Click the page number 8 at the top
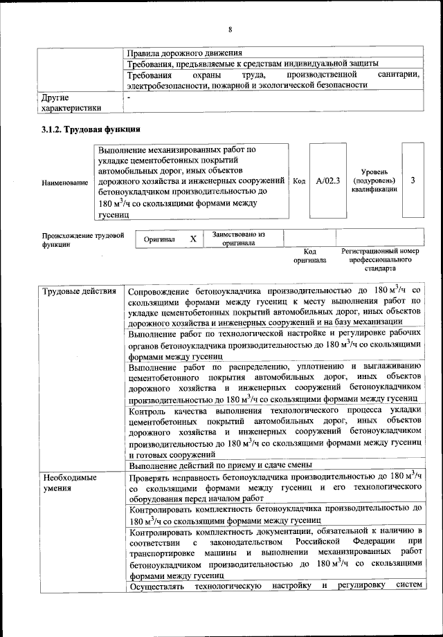pos(230,28)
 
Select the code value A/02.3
pos(327,181)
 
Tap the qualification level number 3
pos(413,181)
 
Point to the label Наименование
pos(65,183)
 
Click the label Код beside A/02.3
pos(299,181)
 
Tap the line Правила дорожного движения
pos(183,53)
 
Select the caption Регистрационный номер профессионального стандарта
pos(380,259)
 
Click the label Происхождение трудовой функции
pos(82,240)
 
